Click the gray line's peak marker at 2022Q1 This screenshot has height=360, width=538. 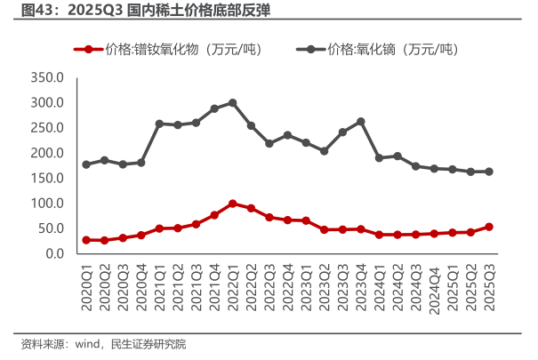(233, 103)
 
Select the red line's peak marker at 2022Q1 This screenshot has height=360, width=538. (233, 204)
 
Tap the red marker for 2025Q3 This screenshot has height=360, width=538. (489, 227)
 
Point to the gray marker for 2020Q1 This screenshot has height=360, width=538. (86, 164)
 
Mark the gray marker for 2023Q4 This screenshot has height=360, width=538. (361, 122)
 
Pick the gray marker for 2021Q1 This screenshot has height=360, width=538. (159, 124)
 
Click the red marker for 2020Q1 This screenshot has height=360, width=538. (86, 240)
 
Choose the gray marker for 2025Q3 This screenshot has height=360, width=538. (489, 172)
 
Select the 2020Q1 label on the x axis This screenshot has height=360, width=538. (86, 286)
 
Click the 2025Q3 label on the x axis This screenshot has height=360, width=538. (489, 286)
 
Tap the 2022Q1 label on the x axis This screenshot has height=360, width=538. (233, 286)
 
